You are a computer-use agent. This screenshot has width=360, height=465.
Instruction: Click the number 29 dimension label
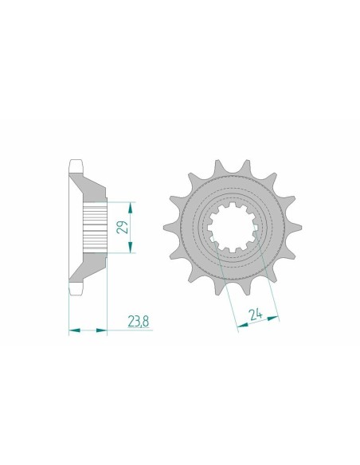(x=120, y=226)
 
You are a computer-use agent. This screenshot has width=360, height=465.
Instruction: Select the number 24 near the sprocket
(x=257, y=313)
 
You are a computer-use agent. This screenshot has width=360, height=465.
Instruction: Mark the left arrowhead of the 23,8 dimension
(x=72, y=328)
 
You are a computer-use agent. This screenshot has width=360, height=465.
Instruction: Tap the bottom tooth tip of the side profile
(x=76, y=289)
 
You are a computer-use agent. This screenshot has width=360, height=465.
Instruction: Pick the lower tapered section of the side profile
(x=89, y=268)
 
